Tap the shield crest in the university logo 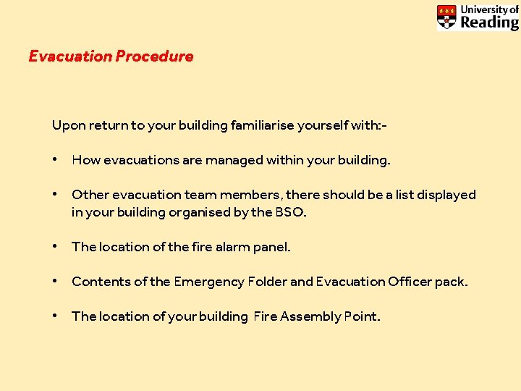coord(447,17)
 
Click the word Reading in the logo coord(489,22)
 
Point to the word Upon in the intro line coord(69,126)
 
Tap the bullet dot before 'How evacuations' coord(56,160)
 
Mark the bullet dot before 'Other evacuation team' coord(56,195)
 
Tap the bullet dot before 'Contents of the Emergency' coord(56,282)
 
